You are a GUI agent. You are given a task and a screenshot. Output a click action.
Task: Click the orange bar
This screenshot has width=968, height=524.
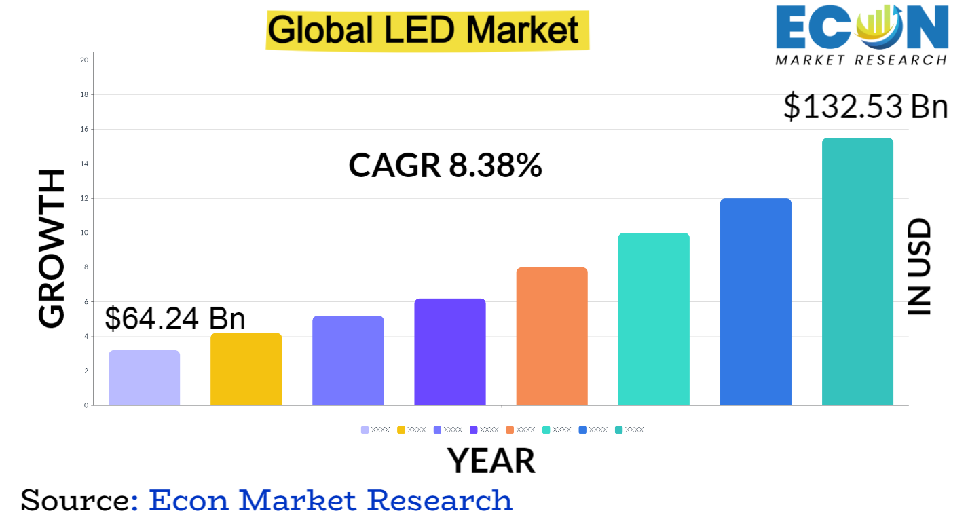(552, 337)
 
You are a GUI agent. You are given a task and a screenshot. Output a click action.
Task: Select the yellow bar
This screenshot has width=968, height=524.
(246, 369)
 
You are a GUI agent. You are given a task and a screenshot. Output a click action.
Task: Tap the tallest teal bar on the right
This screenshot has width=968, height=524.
(857, 272)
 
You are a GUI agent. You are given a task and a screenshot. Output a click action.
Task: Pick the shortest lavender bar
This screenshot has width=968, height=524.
(144, 378)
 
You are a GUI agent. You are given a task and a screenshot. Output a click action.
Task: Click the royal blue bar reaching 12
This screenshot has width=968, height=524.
(756, 302)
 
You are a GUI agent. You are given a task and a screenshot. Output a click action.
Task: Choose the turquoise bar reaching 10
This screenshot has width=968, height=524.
(654, 319)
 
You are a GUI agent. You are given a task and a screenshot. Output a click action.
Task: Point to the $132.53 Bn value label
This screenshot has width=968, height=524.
(865, 107)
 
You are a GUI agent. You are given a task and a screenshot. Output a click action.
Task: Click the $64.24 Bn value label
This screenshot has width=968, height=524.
(175, 318)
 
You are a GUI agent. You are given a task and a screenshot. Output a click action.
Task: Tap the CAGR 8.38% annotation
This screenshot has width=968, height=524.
(445, 166)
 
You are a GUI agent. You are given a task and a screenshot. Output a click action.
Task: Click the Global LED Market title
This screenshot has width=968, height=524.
(427, 30)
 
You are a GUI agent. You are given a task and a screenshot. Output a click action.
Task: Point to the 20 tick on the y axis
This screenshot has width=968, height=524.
(84, 60)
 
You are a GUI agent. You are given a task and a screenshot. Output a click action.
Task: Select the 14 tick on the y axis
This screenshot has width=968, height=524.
(84, 164)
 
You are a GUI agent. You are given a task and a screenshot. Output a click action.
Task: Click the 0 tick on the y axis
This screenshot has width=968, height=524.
(86, 405)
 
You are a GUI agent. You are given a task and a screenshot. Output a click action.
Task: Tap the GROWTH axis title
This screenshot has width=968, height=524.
(52, 248)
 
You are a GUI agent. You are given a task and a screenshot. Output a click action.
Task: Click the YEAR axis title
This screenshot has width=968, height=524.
(491, 461)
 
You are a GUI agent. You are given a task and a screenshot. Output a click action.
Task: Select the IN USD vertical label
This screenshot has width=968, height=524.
(920, 266)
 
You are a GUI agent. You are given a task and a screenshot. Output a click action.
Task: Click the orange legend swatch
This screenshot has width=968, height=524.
(510, 430)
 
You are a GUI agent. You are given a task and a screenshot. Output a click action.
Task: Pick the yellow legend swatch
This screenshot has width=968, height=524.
(401, 430)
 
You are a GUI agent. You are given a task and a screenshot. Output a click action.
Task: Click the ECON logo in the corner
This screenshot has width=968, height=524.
(861, 33)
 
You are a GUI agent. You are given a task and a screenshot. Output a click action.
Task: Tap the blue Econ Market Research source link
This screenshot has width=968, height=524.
(331, 500)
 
